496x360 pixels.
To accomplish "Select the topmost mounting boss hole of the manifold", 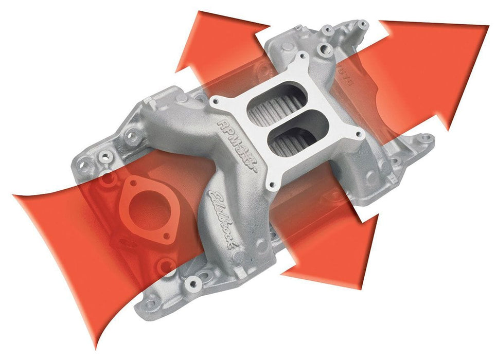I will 362,24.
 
